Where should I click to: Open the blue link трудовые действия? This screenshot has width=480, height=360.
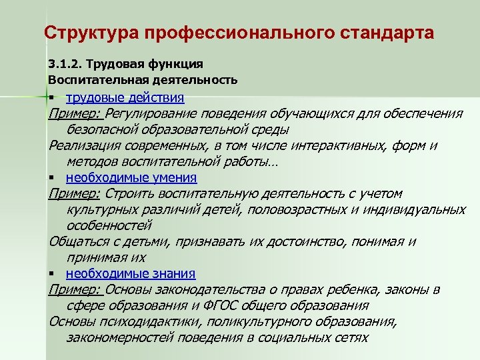tap(125, 97)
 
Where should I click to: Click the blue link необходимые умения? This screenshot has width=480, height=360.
tap(131, 177)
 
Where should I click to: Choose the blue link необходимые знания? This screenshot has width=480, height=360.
tap(131, 273)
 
